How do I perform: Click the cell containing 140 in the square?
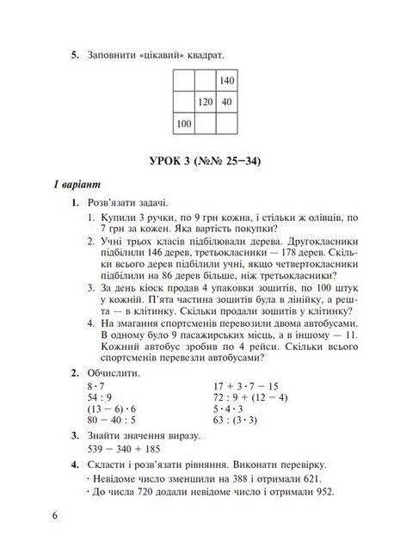(227, 81)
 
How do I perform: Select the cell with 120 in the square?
(205, 102)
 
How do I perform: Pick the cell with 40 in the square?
(227, 102)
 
